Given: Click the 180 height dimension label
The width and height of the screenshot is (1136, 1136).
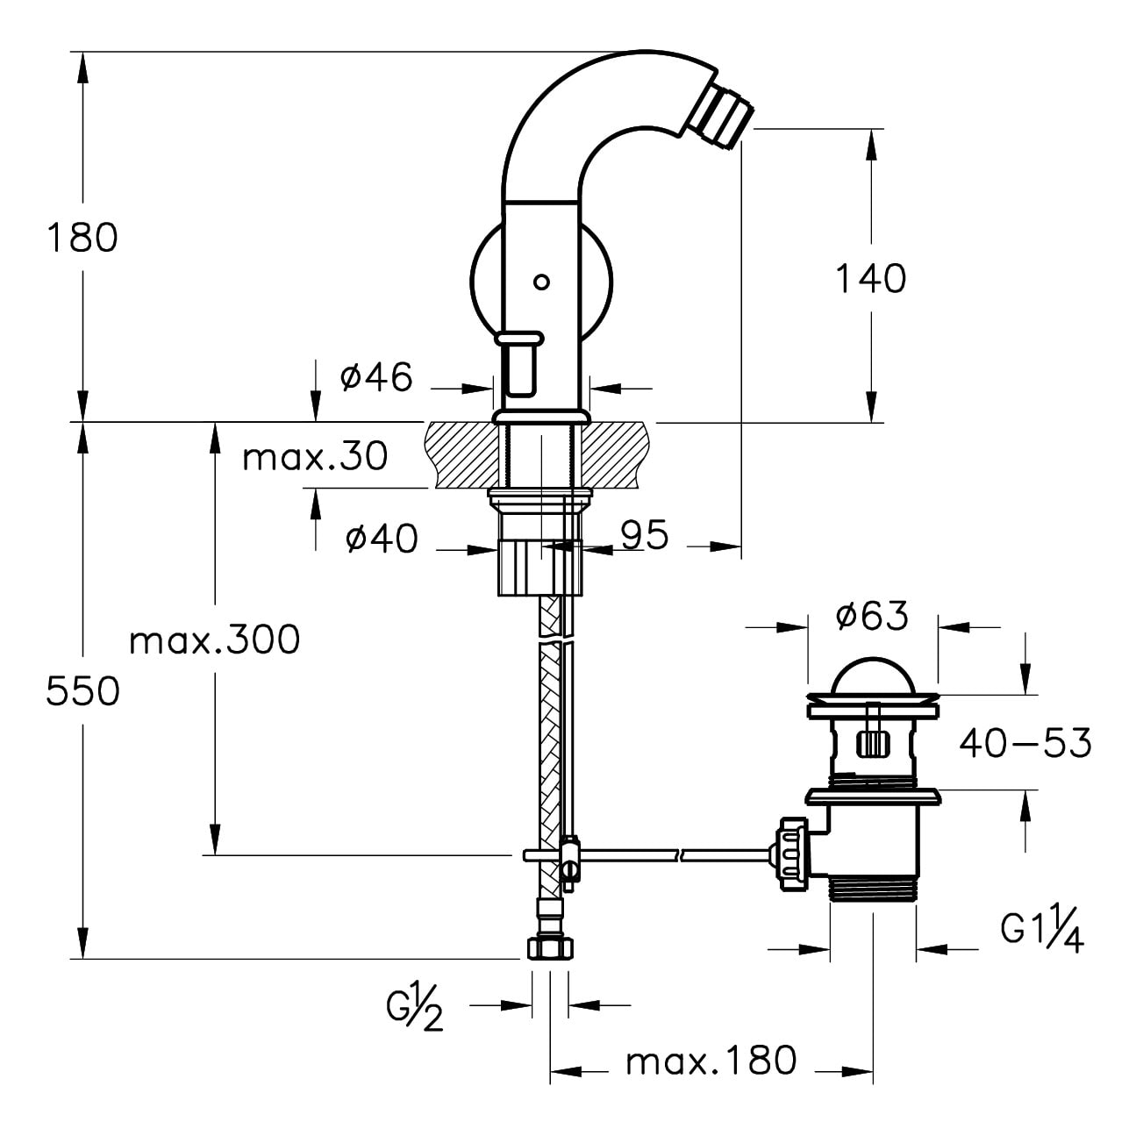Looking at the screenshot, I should coord(82,238).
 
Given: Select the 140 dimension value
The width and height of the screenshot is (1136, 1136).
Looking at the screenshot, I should coord(869,279).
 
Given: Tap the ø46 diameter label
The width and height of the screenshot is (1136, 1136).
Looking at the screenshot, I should coord(376,377).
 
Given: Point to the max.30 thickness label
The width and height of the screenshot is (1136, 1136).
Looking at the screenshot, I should coord(315,456).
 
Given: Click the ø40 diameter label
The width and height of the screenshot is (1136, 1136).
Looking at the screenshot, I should coord(382,538).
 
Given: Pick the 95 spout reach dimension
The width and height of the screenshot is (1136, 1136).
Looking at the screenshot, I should coord(645,534).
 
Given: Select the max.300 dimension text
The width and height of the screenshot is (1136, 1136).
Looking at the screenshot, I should coord(214,640).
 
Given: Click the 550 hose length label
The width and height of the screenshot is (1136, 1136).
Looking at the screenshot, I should coord(82,691).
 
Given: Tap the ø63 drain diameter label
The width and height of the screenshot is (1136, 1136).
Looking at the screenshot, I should coord(872,616).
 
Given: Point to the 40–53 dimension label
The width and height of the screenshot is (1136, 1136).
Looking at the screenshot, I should coord(1025,743).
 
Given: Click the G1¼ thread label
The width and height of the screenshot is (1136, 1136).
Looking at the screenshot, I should coord(1042,931).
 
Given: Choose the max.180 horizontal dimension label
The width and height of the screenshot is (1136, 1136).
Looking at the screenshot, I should coord(711,1061).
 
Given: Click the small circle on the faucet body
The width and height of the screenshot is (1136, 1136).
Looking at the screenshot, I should coord(541,282).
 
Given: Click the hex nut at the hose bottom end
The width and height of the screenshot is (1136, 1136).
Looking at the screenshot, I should coord(550,948).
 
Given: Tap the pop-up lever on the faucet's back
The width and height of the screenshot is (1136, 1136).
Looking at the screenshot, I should coord(521,361).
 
